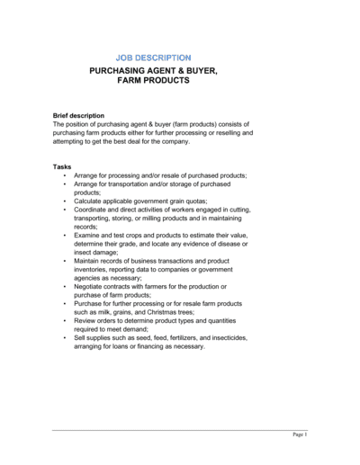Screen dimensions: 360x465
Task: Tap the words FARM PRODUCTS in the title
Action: (x=154, y=80)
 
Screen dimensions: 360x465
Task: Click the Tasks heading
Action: (x=62, y=166)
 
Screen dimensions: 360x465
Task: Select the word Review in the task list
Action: (x=86, y=320)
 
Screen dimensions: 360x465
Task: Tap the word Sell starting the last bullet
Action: (x=81, y=337)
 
